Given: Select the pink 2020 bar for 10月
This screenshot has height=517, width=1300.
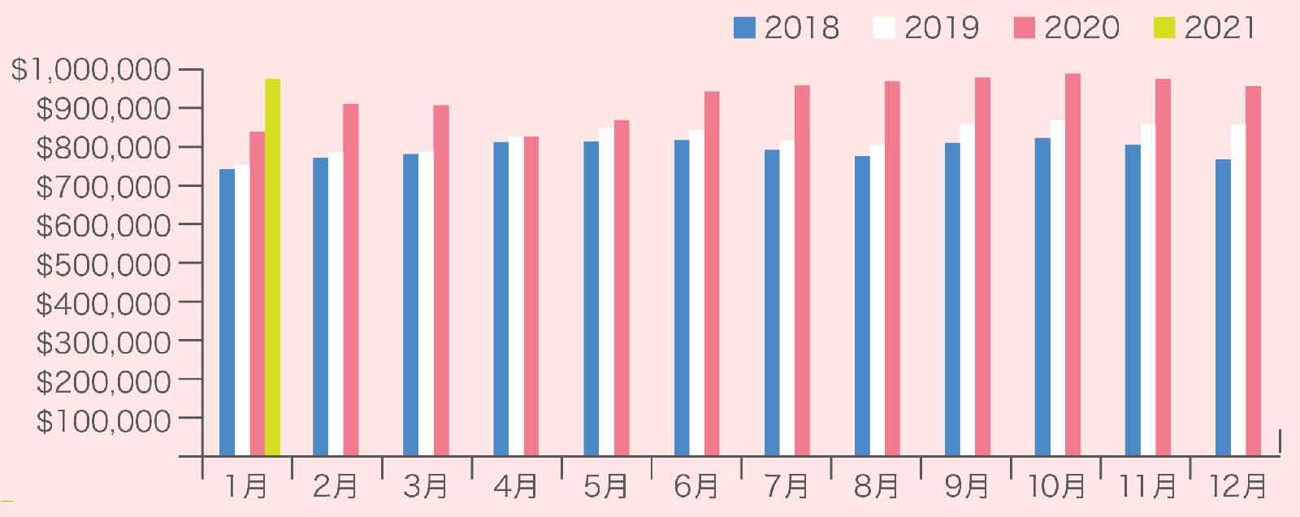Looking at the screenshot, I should tap(1072, 264).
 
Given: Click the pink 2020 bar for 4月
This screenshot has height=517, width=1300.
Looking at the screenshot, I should tap(531, 296).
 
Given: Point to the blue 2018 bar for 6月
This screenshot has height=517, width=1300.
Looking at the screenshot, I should tap(682, 298).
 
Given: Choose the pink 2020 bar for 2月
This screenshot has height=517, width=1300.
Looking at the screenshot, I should tap(350, 280).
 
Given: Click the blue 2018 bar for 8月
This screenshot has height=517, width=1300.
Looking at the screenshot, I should tap(862, 306).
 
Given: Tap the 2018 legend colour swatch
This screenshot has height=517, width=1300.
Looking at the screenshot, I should tap(744, 28).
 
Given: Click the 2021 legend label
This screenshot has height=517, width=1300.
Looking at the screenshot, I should tap(1220, 28).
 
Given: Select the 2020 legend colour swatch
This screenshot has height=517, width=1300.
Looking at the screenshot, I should tap(1024, 28).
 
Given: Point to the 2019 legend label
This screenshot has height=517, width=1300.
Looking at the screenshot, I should tap(942, 28).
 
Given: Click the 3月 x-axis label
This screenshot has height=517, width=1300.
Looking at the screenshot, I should tap(426, 486).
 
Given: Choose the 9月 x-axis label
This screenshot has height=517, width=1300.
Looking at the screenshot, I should tap(967, 486).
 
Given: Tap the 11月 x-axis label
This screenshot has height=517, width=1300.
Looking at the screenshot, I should tap(1146, 486).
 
